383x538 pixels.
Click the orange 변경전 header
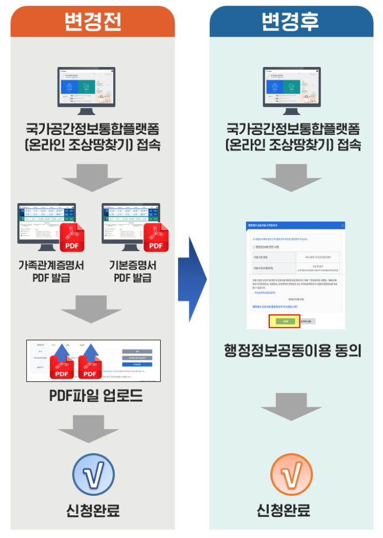(93, 22)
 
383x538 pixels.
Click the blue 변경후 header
(291, 22)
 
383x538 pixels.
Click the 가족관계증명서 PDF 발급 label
(52, 272)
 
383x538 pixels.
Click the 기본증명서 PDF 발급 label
(133, 272)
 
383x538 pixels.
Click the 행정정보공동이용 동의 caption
(292, 351)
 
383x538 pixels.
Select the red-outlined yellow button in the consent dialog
(284, 321)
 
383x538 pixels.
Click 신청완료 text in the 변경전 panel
(93, 510)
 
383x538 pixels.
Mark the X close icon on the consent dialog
(343, 225)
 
